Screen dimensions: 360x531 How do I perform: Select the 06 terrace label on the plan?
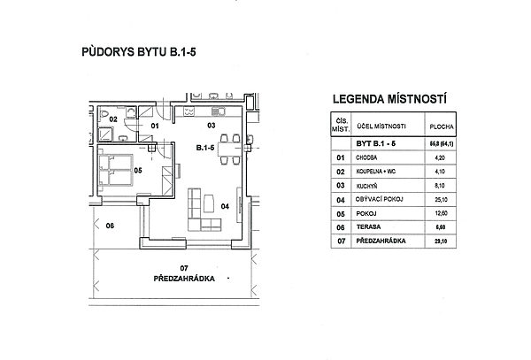[110, 226]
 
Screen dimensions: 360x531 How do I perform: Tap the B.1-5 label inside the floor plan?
[206, 148]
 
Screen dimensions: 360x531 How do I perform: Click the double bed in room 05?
[119, 168]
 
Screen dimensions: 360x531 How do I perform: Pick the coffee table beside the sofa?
[210, 204]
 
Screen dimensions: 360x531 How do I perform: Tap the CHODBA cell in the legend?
[366, 157]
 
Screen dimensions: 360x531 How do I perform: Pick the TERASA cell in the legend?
[366, 227]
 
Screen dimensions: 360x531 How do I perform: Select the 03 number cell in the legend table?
[340, 186]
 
